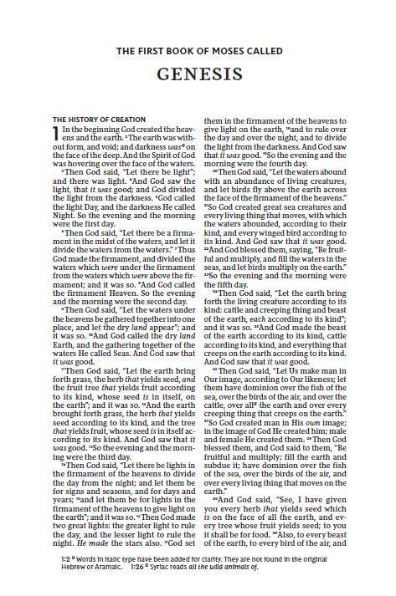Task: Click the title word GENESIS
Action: click(198, 74)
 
